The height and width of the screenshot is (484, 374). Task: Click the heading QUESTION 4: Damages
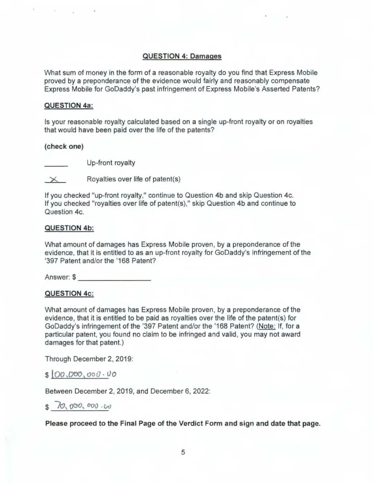pos(182,56)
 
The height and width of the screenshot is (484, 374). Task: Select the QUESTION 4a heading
pos(69,106)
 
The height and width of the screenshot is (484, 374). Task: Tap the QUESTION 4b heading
pos(69,228)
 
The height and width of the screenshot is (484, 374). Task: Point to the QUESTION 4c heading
pos(69,294)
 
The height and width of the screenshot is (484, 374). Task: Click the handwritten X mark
pos(54,179)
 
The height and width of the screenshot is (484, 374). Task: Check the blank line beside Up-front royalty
pos(56,165)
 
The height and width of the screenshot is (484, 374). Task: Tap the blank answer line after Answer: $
pos(114,278)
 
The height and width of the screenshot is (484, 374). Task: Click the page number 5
pos(183,452)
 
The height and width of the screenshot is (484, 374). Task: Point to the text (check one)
pos(64,146)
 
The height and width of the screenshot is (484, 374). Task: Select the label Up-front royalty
pos(111,163)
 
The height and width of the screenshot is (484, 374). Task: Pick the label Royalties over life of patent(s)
pos(133,179)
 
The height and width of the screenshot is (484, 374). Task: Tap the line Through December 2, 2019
pos(89,359)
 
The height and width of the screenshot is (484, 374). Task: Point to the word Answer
pos(57,277)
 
